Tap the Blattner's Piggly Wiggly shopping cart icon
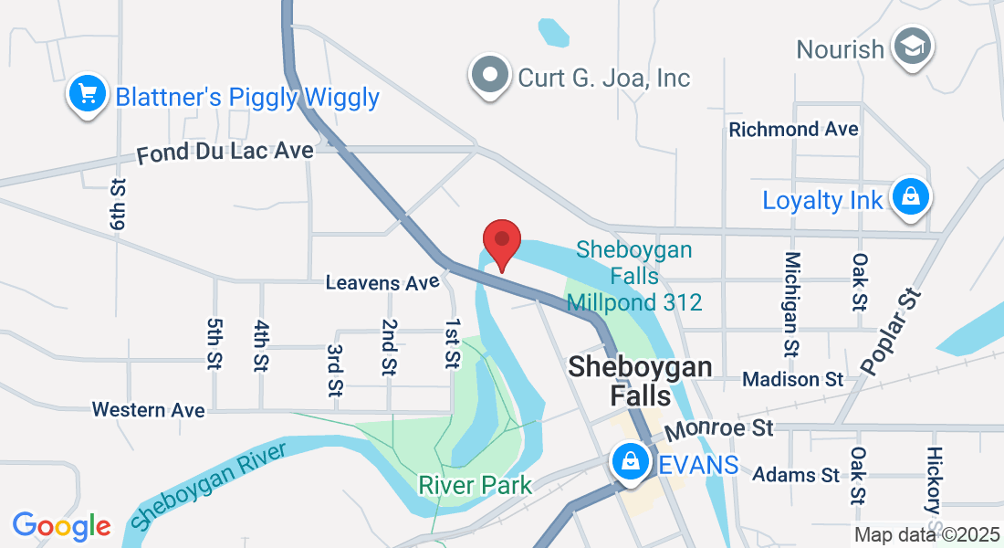tap(87, 94)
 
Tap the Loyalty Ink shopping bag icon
tap(910, 197)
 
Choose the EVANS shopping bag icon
tap(631, 462)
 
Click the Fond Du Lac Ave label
tap(225, 152)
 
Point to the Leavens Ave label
tap(382, 283)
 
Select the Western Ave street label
tap(149, 409)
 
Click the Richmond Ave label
tap(793, 130)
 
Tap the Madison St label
tap(793, 378)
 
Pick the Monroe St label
tap(719, 429)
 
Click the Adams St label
tap(796, 475)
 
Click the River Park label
tap(475, 485)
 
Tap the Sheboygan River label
tap(207, 486)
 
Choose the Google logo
tap(62, 526)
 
